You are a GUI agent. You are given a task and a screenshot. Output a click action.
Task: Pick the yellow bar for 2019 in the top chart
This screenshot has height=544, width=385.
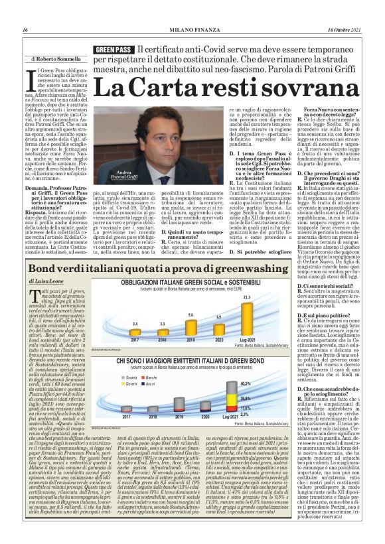click(191, 326)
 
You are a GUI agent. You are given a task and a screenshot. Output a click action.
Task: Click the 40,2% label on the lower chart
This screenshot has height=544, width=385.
click(244, 383)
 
